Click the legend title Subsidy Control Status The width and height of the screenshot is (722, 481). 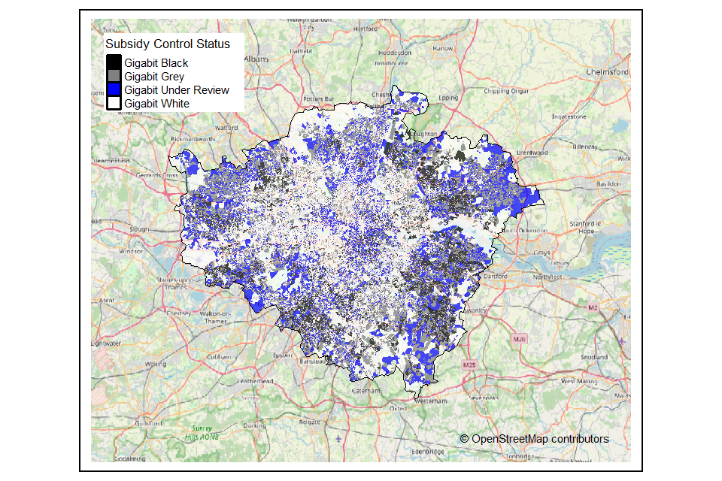[x=168, y=44]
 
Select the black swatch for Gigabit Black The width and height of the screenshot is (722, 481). [x=114, y=63]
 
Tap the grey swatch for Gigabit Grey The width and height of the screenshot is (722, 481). [x=114, y=77]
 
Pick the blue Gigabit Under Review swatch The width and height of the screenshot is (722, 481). [x=114, y=90]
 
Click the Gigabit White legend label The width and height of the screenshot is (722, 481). [x=157, y=103]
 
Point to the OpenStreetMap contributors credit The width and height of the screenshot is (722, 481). [x=535, y=438]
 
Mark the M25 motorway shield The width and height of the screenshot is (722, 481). [x=471, y=365]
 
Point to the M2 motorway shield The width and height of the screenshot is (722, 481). [x=592, y=309]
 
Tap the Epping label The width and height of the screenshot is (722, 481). [x=448, y=98]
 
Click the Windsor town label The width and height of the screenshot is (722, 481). [x=132, y=252]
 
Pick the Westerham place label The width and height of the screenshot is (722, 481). [x=426, y=401]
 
